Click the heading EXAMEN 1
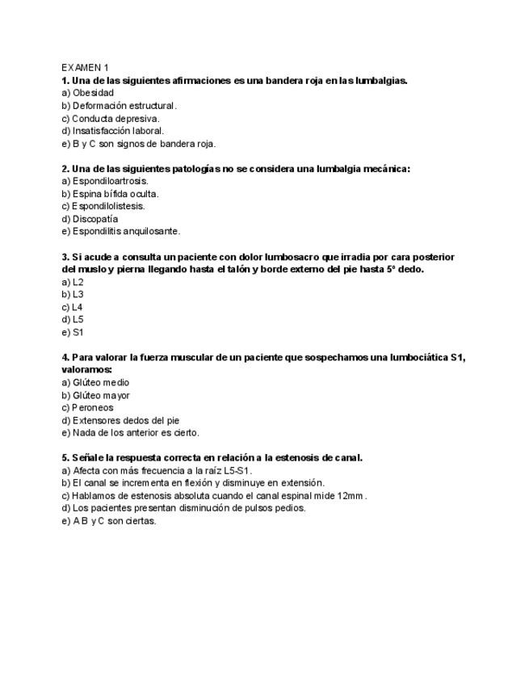(x=85, y=68)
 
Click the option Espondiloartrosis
(x=105, y=181)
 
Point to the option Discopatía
(x=90, y=219)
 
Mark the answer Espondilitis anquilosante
(x=120, y=231)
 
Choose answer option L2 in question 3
(x=73, y=282)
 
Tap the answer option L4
(x=73, y=307)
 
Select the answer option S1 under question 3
(x=73, y=332)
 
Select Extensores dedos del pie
(x=120, y=420)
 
